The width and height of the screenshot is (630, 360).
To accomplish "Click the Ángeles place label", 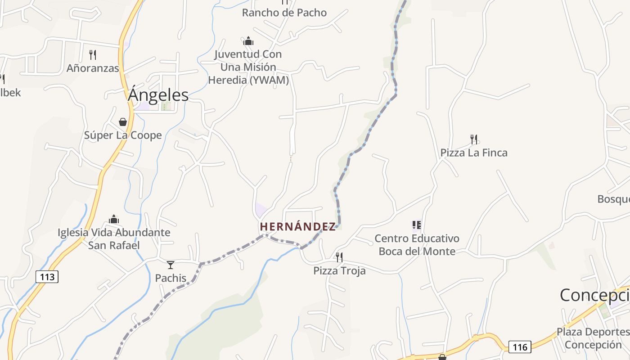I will tap(158, 95).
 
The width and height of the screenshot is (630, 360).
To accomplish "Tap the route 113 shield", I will tap(47, 277).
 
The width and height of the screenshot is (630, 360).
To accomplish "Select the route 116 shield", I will tap(520, 347).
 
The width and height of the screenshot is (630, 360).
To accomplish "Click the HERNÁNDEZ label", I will tap(298, 226).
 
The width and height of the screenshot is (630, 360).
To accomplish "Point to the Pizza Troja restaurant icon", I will tap(339, 257).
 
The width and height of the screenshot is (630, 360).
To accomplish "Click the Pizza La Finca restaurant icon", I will tap(473, 139).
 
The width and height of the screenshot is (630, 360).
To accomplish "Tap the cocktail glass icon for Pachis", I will tap(171, 265).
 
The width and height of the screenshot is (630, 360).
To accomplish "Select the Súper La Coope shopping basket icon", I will tap(122, 122).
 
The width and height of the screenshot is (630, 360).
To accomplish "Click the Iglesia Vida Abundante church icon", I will tap(114, 219).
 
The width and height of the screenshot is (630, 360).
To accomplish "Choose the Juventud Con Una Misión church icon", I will tap(248, 41).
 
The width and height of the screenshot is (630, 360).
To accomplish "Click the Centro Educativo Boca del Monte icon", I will tap(417, 225).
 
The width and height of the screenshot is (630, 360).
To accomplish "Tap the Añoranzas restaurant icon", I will tap(93, 55).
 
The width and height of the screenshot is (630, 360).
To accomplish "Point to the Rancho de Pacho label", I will tap(284, 13).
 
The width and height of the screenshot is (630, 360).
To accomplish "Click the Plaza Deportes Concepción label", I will tap(593, 338).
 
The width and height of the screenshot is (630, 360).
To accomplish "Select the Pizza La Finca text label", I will tap(474, 153).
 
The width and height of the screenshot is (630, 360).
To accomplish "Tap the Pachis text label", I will tap(171, 278).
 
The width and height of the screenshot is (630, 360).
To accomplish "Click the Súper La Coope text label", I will tap(123, 135).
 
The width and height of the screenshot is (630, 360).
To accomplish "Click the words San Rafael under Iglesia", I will tap(114, 245).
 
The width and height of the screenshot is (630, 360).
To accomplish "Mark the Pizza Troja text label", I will tap(339, 271).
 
